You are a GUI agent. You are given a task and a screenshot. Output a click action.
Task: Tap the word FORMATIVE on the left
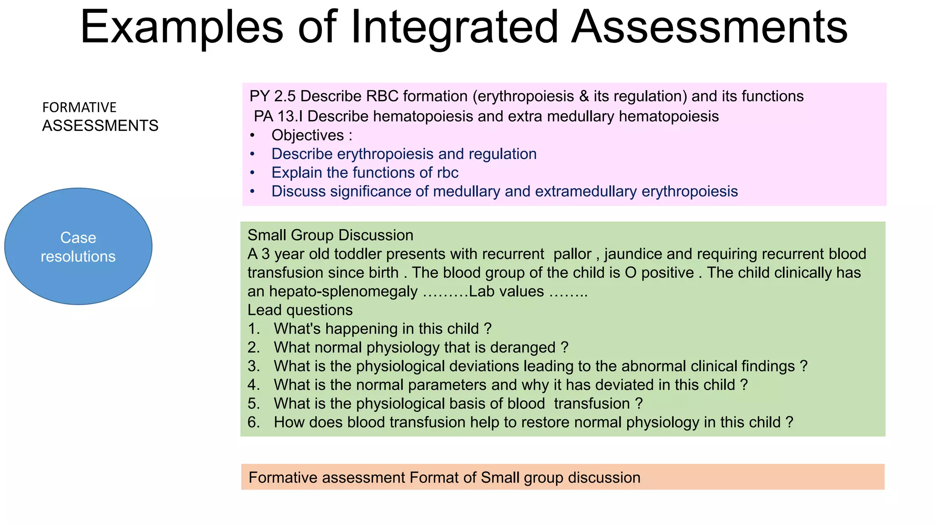point(79,107)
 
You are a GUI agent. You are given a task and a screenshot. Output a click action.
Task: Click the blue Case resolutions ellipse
point(78,247)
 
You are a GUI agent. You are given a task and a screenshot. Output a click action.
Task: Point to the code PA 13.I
point(278,116)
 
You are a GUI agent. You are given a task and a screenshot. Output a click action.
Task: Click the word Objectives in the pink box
point(308,135)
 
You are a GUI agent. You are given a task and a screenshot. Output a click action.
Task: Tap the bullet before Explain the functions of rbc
point(252,173)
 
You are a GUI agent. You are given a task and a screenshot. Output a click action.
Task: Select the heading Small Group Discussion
point(330,235)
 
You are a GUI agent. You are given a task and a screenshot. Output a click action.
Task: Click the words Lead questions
point(300,310)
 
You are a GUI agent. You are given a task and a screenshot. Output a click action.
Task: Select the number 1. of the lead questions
point(254,329)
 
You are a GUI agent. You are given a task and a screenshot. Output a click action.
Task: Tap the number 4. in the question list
point(254,385)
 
